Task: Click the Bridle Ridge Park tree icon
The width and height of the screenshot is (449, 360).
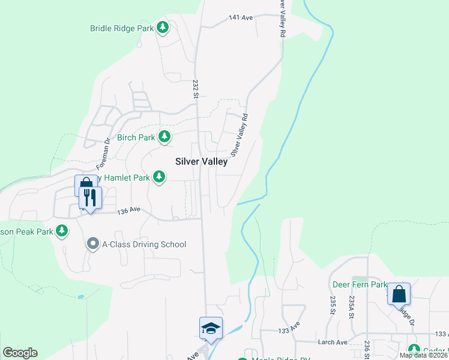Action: [163, 28]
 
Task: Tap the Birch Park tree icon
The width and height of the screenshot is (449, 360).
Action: [164, 137]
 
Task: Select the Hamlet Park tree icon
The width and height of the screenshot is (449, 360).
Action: [159, 177]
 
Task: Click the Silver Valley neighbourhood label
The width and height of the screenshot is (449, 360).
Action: [201, 161]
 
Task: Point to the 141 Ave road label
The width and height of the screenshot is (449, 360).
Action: [241, 18]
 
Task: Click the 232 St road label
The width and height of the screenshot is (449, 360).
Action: [195, 89]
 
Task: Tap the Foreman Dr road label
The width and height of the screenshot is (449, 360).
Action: [104, 154]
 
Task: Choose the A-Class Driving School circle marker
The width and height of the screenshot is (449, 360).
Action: [92, 244]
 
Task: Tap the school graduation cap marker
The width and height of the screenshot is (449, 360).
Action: [211, 328]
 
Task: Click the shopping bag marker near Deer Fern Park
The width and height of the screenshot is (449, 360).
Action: [399, 295]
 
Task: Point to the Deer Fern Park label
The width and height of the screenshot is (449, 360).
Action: [360, 284]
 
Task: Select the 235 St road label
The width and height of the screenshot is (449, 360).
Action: [331, 305]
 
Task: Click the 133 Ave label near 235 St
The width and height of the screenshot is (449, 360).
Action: [288, 331]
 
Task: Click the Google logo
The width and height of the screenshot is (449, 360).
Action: [20, 353]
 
